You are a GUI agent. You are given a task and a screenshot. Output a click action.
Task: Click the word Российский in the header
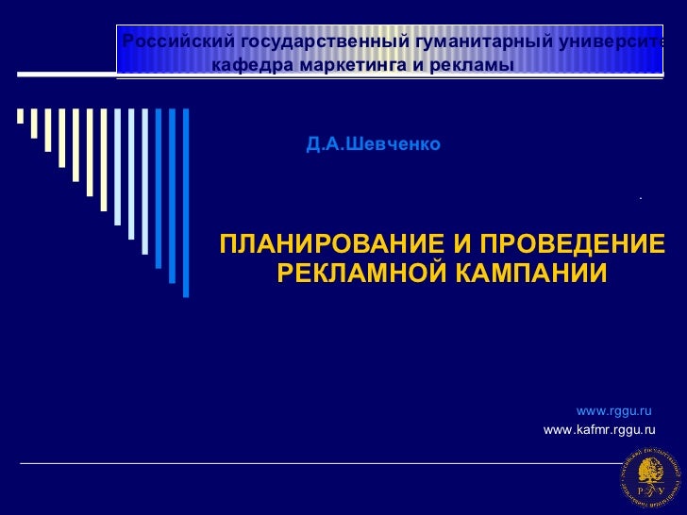tap(178, 42)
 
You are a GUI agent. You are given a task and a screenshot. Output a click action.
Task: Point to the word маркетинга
tap(343, 67)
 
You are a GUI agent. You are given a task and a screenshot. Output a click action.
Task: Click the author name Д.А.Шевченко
tap(373, 146)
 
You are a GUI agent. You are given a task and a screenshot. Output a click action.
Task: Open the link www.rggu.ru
tap(614, 411)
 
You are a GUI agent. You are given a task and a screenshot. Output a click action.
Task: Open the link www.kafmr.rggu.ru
tap(600, 430)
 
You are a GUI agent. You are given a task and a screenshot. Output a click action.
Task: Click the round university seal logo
tap(648, 478)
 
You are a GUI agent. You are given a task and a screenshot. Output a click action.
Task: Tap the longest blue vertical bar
tap(186, 202)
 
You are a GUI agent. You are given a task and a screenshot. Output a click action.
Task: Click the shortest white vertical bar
tap(20, 116)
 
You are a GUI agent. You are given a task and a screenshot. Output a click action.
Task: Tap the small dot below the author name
tap(640, 198)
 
